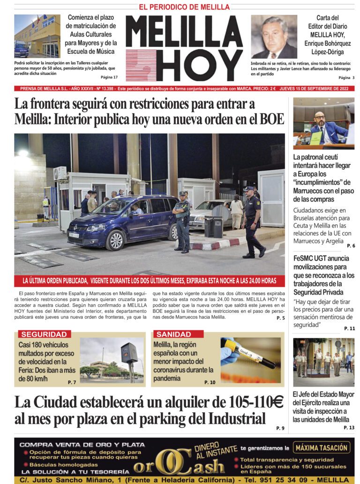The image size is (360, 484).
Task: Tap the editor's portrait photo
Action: click(x=274, y=37)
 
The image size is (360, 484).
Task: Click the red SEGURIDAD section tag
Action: click(x=44, y=334)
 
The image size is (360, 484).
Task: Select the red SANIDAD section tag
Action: click(x=174, y=334)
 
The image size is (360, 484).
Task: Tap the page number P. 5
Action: click(x=280, y=318)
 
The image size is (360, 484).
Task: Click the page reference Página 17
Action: click(x=109, y=77)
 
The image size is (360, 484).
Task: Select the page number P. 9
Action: click(x=280, y=428)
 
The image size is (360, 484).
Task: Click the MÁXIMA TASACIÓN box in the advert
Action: click(x=322, y=447)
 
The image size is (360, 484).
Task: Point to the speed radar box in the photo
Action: click(x=129, y=353)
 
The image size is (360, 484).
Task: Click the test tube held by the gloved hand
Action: click(x=249, y=354)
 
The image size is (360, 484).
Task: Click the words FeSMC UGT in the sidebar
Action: click(x=312, y=258)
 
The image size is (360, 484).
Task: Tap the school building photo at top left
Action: click(x=37, y=36)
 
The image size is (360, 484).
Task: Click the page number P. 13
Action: click(x=349, y=428)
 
